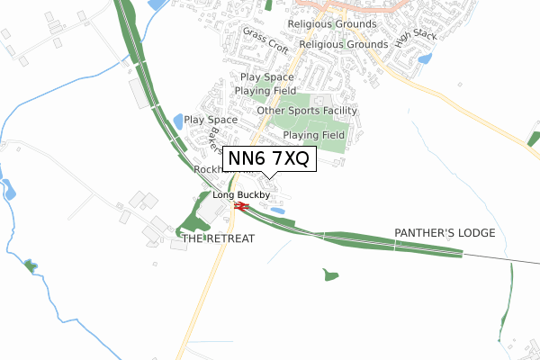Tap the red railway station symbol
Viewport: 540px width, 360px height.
(x=239, y=206)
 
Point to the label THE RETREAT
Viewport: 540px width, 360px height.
(x=219, y=238)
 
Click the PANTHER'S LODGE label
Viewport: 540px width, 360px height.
(x=445, y=232)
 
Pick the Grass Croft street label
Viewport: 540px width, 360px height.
(x=265, y=39)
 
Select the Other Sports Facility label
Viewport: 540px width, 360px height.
(x=307, y=111)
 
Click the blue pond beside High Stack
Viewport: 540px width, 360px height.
(x=425, y=59)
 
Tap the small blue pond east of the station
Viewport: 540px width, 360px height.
(x=278, y=211)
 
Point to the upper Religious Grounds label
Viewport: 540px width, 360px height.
(x=329, y=24)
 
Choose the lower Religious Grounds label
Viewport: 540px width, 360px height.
(x=342, y=43)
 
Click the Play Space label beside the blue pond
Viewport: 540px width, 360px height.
(x=211, y=119)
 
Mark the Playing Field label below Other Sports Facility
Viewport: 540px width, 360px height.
(x=314, y=135)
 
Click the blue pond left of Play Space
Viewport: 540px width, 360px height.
(x=178, y=120)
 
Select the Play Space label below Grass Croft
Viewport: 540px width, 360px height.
(x=266, y=77)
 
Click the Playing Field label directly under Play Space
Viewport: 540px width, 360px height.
(x=265, y=91)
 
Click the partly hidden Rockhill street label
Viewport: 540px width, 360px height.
(x=208, y=169)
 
